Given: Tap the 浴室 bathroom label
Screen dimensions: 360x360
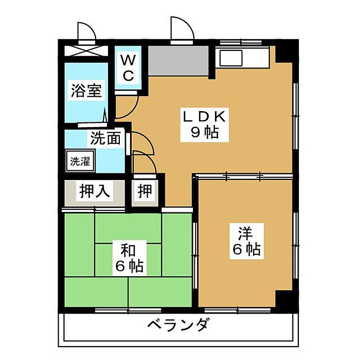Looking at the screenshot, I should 86,92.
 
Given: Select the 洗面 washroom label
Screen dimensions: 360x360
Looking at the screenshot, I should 106,138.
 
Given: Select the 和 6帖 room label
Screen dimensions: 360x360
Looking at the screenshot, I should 128,258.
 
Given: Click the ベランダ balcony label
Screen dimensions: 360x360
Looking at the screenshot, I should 178,326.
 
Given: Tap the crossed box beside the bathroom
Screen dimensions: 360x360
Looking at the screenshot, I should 86,52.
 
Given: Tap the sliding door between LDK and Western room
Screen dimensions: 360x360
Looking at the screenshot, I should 244,176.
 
